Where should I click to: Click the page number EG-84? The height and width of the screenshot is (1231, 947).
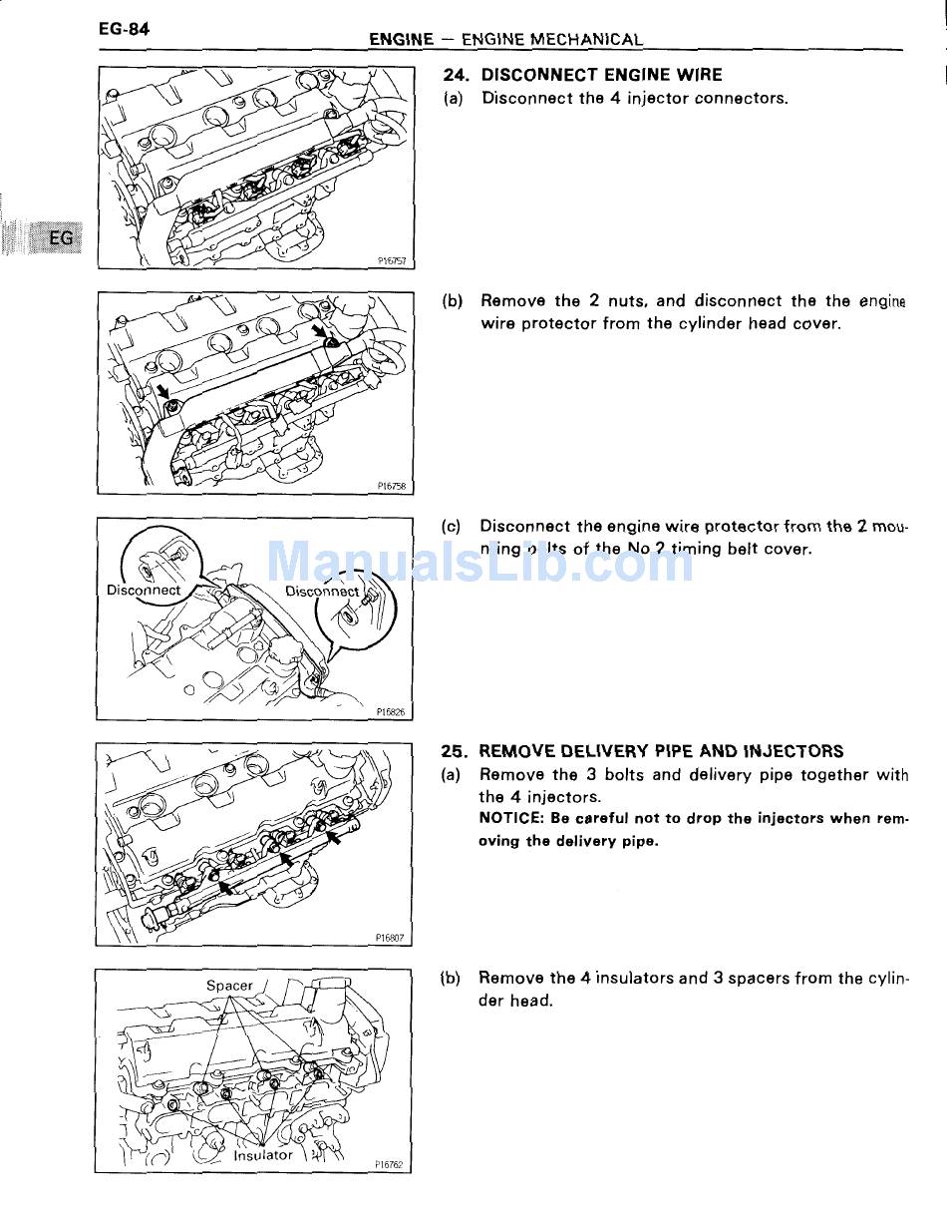124,29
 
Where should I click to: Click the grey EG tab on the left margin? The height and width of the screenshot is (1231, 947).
60,238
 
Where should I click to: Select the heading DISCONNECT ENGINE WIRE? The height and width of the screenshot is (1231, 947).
601,75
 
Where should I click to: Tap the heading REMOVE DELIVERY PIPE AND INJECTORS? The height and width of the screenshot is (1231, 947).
661,751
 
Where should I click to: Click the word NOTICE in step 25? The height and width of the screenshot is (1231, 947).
509,818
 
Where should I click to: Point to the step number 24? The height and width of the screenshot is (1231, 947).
456,75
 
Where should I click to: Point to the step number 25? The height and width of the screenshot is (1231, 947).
455,751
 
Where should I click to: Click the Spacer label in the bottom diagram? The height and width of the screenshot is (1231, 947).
229,986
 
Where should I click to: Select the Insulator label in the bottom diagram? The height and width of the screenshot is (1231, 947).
263,1155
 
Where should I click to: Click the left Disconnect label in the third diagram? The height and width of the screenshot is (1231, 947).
144,590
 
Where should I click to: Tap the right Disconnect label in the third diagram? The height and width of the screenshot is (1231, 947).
322,591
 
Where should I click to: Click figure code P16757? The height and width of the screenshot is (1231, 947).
392,261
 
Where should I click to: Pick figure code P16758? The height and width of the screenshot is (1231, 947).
392,487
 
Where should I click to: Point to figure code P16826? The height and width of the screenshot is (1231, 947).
391,712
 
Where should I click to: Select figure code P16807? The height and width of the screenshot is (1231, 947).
390,938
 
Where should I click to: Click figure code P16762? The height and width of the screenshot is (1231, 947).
390,1164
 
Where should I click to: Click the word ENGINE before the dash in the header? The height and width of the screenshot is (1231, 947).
401,40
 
